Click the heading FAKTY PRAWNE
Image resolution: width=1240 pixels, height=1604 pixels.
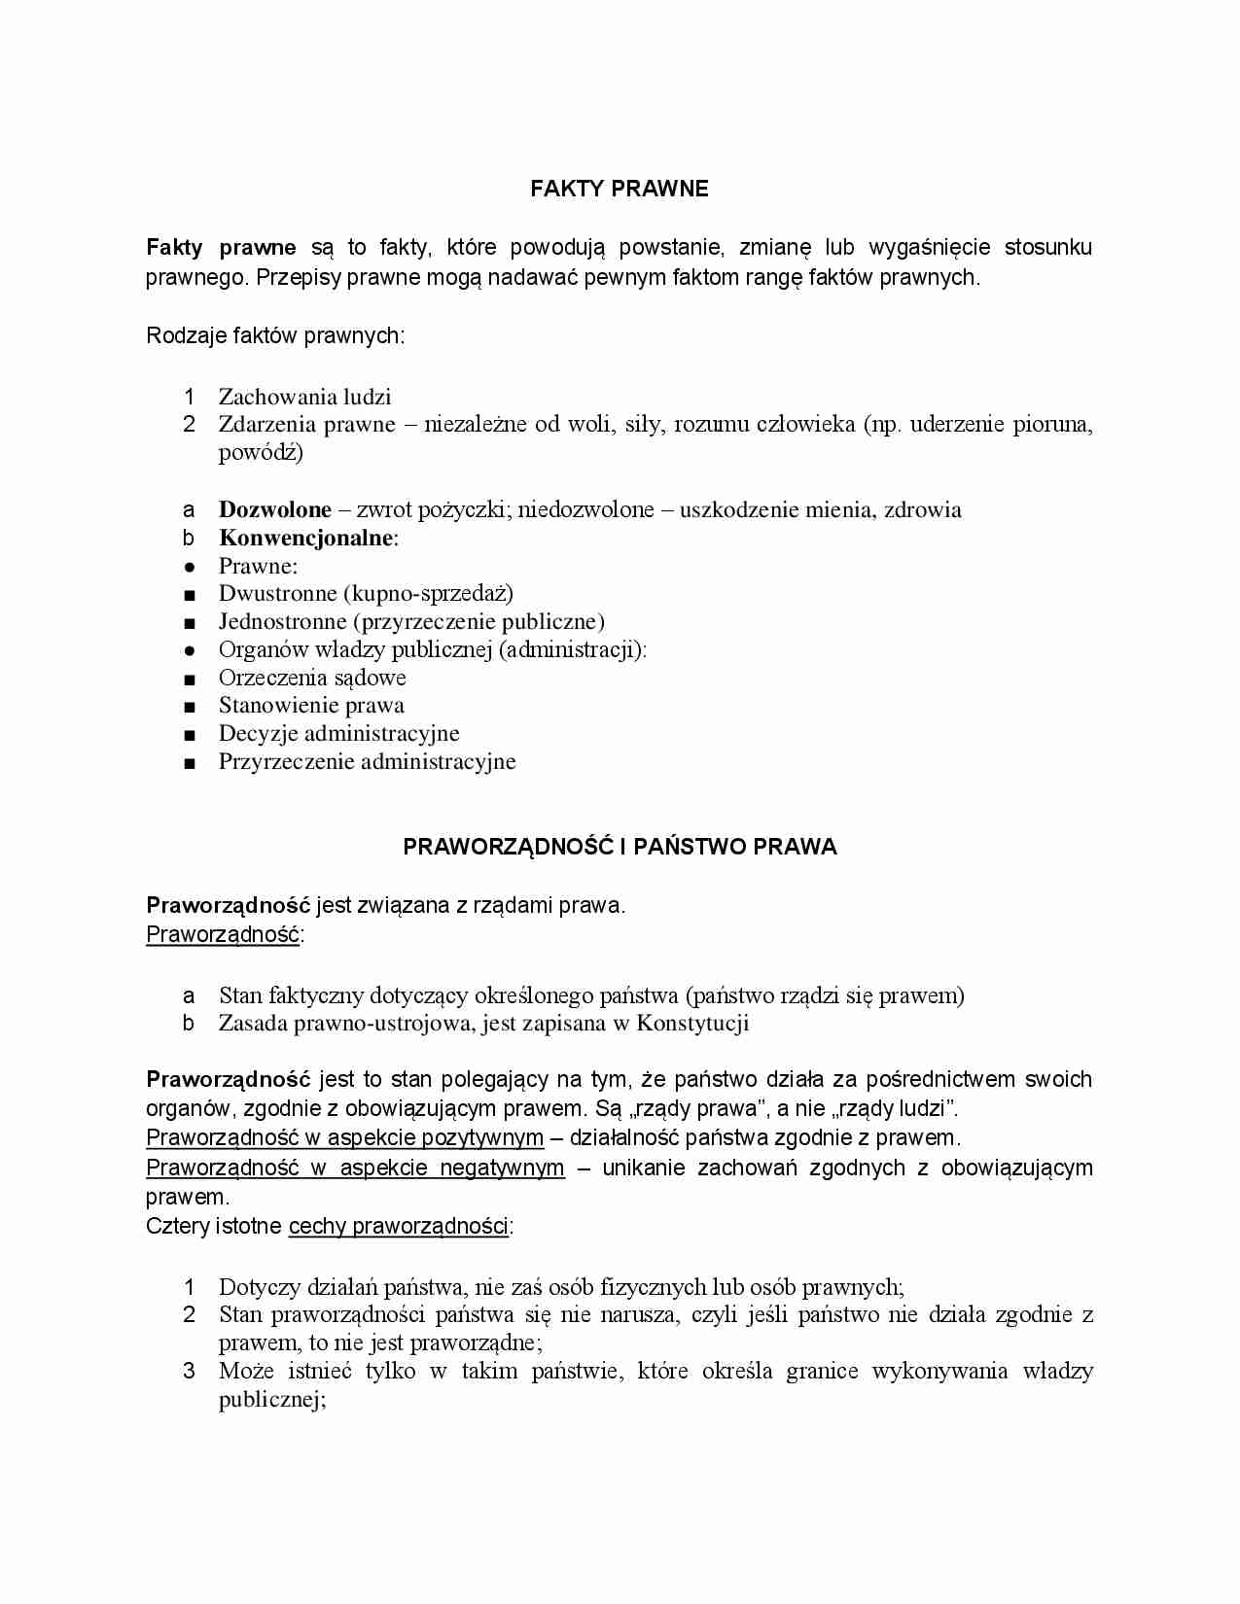coord(620,189)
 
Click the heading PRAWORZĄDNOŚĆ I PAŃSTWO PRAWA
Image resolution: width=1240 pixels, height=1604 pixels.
coord(620,847)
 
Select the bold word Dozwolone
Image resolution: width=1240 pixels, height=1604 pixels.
coord(275,509)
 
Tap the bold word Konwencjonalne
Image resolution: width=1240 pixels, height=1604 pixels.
coord(306,538)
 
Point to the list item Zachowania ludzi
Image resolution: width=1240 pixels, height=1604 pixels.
coord(304,397)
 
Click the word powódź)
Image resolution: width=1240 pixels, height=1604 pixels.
coord(261,452)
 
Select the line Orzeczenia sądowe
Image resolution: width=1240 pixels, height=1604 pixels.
coord(312,678)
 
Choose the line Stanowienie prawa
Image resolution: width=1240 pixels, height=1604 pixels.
coord(311,706)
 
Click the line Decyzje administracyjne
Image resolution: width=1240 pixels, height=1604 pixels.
coord(338,734)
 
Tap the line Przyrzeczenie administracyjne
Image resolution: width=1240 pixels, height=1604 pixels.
coord(367,762)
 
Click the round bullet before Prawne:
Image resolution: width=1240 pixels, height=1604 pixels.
coord(190,567)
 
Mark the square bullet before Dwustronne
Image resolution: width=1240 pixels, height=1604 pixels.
coord(190,595)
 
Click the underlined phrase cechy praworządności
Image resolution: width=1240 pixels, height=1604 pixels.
coord(399,1227)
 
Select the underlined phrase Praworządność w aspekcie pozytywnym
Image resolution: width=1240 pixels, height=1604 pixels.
coord(344,1138)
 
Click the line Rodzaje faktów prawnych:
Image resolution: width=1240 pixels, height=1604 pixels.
coord(275,336)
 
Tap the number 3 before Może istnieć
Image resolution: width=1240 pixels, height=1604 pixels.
coord(190,1372)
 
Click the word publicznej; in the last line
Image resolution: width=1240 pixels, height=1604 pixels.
coord(272,1400)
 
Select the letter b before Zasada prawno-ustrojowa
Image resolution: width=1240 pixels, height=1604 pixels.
coord(189,1023)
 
